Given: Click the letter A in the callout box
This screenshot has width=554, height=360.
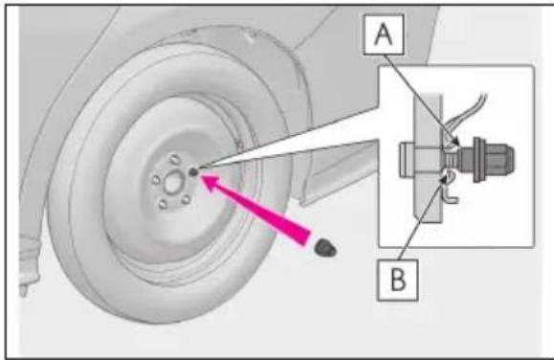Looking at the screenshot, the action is (384, 35).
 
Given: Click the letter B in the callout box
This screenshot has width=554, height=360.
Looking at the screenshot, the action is (398, 280).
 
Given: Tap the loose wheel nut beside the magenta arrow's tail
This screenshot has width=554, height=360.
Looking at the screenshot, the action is (325, 247).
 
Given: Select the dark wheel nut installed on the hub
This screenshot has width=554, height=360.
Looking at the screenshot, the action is (193, 172).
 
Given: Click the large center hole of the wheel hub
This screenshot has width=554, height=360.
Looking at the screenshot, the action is (174, 183).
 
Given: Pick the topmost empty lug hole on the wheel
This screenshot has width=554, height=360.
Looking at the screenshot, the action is (174, 159).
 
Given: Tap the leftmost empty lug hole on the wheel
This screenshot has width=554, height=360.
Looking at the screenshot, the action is (156, 180).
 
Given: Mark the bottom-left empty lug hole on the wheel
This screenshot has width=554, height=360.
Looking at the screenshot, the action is (163, 204).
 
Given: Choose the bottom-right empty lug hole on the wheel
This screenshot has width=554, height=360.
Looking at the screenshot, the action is (186, 199).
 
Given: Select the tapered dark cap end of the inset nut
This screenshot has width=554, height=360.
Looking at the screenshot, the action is (500, 159).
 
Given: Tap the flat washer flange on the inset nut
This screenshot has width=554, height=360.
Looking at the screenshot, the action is (477, 159).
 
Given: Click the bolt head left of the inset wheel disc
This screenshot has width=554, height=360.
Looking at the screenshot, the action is (407, 159).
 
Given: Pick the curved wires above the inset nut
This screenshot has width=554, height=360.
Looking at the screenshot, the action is (465, 115).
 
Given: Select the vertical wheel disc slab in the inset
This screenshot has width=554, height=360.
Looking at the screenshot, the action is (429, 158).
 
